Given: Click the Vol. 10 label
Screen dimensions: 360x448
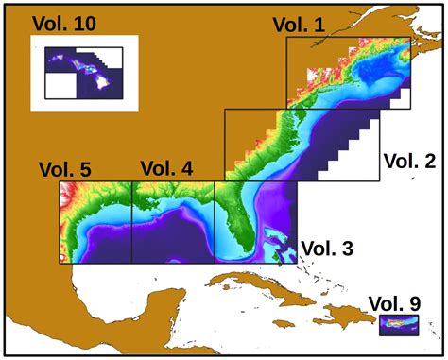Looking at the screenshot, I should [x=63, y=22].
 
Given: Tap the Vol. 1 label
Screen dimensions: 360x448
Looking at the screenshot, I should [x=298, y=26].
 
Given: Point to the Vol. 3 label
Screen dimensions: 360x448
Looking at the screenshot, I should [x=327, y=249].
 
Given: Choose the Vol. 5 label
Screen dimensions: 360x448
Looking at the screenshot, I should [x=65, y=170].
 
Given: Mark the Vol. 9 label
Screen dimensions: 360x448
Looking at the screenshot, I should [x=394, y=303].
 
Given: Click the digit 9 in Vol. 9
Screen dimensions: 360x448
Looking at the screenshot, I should [x=414, y=303].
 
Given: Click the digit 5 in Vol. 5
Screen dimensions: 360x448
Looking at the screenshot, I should [x=85, y=170].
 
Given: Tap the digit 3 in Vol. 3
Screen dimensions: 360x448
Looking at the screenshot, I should [x=347, y=249].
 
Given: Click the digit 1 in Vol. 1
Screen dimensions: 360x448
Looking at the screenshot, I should [x=319, y=26].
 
